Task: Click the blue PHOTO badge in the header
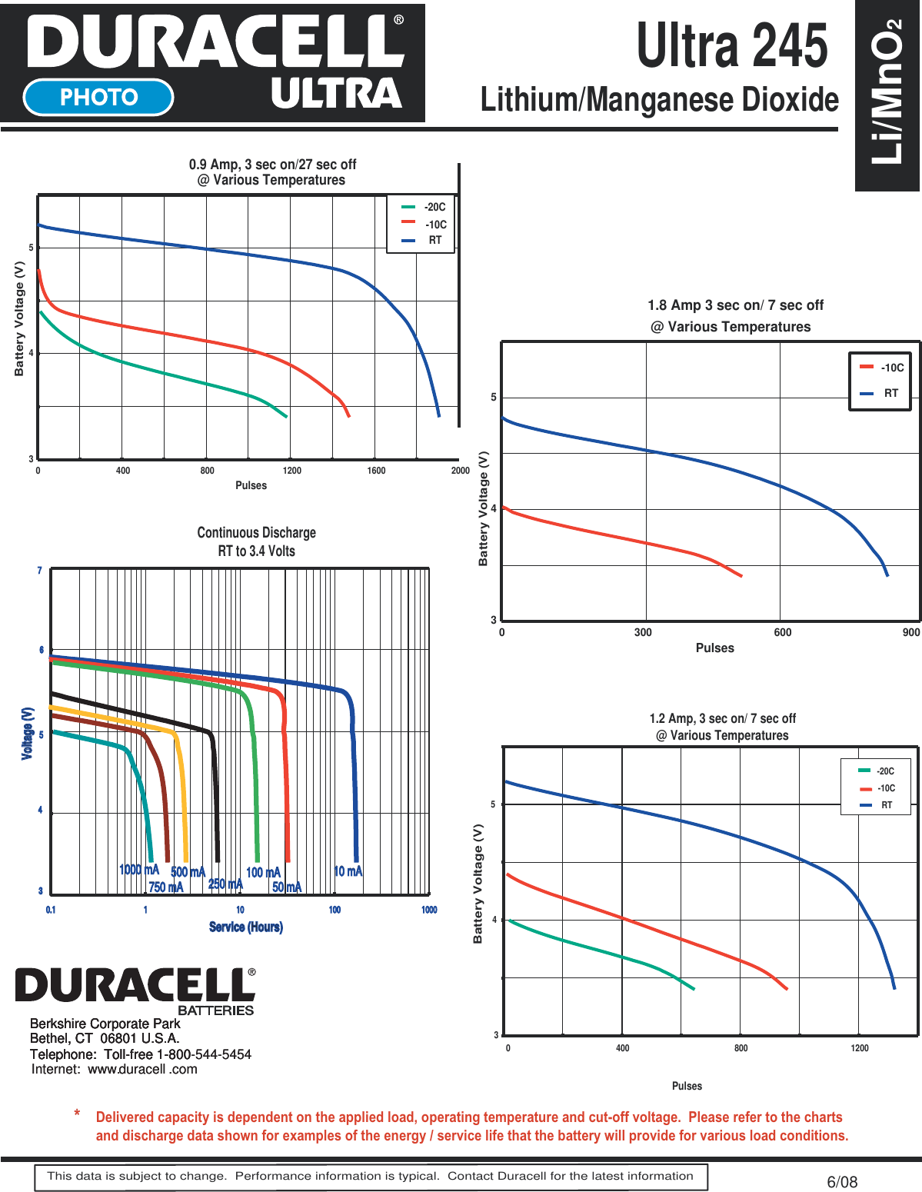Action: click(98, 97)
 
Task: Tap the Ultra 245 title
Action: click(731, 46)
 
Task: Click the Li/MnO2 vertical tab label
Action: click(887, 92)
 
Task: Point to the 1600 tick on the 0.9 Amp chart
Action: click(376, 471)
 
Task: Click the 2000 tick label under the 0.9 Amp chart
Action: click(460, 471)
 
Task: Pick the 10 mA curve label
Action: click(348, 871)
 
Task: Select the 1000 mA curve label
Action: click(138, 870)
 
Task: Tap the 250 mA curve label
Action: click(225, 884)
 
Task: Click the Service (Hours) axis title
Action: click(246, 927)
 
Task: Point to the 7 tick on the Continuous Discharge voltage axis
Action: click(40, 571)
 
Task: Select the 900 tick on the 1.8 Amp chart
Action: click(910, 633)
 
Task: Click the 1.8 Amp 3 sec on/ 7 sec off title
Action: click(735, 305)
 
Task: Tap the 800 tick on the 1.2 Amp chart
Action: click(741, 1048)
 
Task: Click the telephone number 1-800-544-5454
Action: click(204, 1054)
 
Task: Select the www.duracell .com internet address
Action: click(142, 1069)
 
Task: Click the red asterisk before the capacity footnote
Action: click(78, 1114)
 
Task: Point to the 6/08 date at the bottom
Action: click(842, 1182)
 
